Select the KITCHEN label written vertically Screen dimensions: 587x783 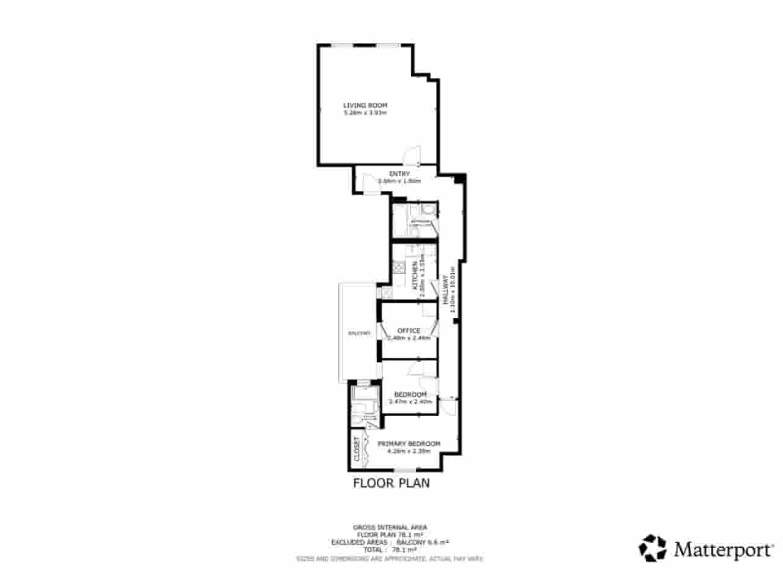point(415,275)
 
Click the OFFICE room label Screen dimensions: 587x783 point(409,331)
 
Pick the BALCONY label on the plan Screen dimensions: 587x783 point(359,333)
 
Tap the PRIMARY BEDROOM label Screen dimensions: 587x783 point(409,443)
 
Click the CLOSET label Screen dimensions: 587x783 point(357,449)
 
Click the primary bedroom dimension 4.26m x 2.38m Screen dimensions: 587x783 point(409,451)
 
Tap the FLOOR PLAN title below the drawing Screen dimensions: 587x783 point(391,483)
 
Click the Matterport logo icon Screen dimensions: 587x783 point(653,548)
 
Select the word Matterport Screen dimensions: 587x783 point(723,549)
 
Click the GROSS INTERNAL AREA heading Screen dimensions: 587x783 point(390,527)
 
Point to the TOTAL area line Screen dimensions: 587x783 point(390,550)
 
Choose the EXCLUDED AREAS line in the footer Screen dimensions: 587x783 point(390,542)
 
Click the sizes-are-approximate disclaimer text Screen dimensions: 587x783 point(390,558)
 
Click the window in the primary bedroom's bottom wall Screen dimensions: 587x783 point(403,470)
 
